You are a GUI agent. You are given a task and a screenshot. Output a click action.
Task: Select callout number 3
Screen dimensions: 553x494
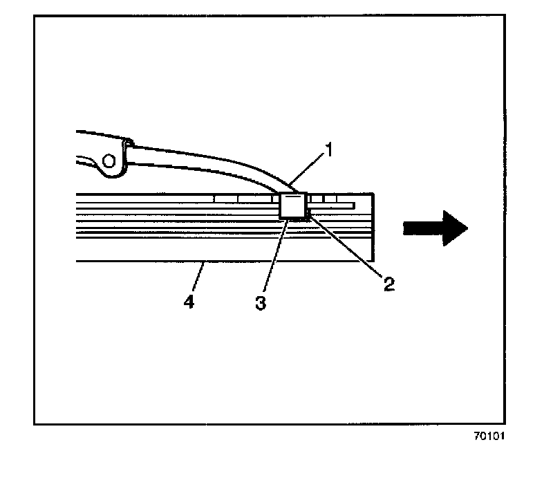coord(261,302)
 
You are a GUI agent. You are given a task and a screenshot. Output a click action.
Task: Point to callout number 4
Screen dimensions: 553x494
coord(188,302)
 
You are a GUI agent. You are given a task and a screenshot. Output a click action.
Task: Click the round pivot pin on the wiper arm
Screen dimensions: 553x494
coord(108,162)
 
